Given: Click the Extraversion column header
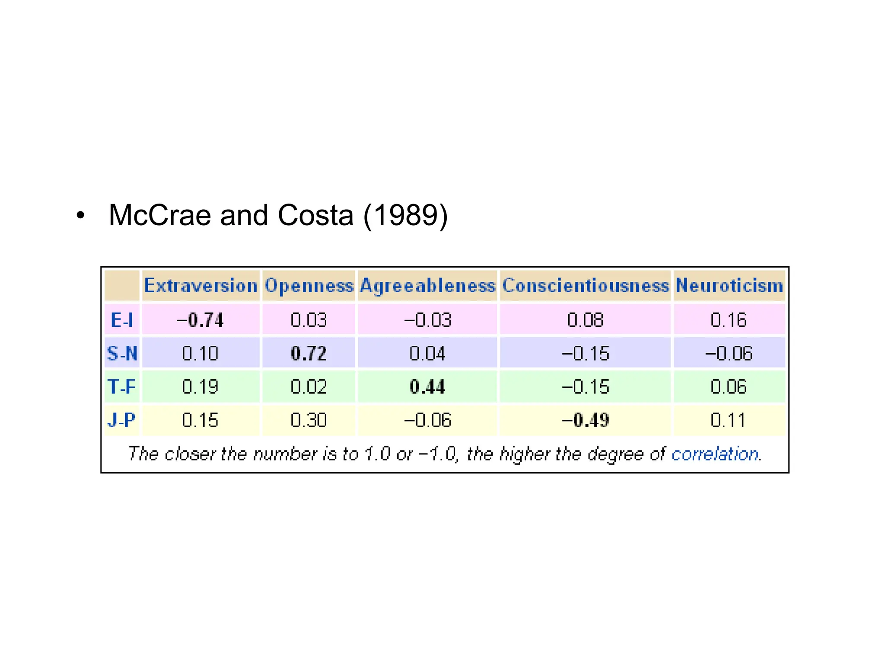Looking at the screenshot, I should click(x=201, y=286).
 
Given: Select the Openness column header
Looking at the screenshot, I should click(x=309, y=286).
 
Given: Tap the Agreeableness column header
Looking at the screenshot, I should click(x=427, y=286).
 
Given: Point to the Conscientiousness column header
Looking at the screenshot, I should click(x=586, y=286).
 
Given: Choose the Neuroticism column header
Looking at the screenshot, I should click(x=729, y=286).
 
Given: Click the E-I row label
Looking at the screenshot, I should click(x=122, y=320).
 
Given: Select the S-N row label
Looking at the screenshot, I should click(x=122, y=353).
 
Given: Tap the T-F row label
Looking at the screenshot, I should click(x=122, y=386).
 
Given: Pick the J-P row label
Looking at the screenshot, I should click(x=122, y=420).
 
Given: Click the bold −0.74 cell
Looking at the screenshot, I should click(x=201, y=320).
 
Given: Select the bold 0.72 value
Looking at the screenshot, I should click(x=309, y=353).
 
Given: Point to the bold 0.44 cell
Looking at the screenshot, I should click(x=427, y=386).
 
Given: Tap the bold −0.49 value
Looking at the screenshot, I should click(x=586, y=420).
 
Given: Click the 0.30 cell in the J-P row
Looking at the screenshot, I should click(x=309, y=420).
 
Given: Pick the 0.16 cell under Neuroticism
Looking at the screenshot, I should click(x=729, y=320).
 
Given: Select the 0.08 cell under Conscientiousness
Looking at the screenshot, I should click(x=586, y=320).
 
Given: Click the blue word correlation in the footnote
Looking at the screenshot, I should click(x=715, y=454).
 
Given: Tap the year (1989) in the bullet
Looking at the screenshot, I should click(x=405, y=215).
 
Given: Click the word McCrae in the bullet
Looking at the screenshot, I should click(x=160, y=215).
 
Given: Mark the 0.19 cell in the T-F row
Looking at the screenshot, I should click(x=201, y=386).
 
